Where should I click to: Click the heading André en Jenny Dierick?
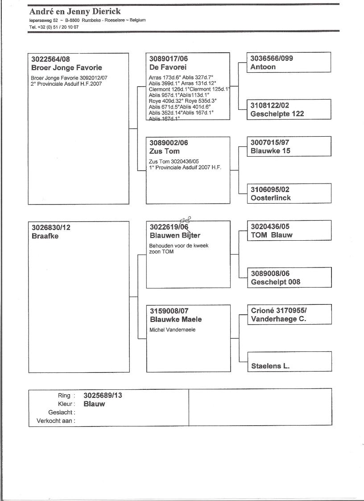tap(74, 12)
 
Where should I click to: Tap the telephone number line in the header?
tap(54, 27)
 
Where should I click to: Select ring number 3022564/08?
tap(51, 59)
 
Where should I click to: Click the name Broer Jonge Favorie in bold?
tap(66, 68)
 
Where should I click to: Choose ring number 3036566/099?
tap(272, 58)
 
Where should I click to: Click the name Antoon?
tap(263, 67)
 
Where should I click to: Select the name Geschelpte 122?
tap(277, 114)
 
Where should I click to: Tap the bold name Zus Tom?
tap(165, 151)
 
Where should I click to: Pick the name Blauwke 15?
tap(270, 151)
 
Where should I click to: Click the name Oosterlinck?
tap(270, 198)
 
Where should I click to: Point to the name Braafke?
tap(45, 236)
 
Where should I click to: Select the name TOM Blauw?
tap(272, 235)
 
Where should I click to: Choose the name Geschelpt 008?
tap(276, 282)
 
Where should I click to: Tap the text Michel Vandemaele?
tap(172, 330)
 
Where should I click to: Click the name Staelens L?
tap(270, 366)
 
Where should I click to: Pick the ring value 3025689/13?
tap(103, 395)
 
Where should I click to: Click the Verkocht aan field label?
tap(56, 421)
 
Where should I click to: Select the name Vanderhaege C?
tap(278, 319)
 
